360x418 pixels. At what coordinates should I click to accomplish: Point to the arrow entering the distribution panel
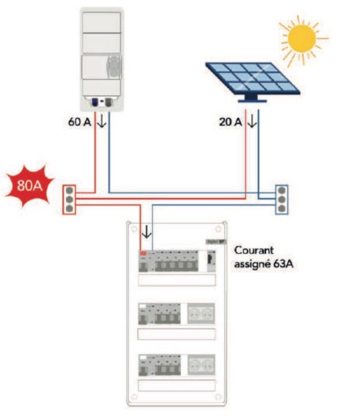pyautogui.click(x=147, y=232)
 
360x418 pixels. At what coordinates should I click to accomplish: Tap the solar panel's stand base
pyautogui.click(x=253, y=100)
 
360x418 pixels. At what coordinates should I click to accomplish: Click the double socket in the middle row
pyautogui.click(x=200, y=313)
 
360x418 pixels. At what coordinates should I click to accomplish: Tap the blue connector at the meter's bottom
pyautogui.click(x=95, y=102)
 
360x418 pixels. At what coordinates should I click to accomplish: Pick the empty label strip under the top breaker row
pyautogui.click(x=176, y=280)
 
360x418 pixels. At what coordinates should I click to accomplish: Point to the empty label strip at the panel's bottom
pyautogui.click(x=176, y=384)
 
